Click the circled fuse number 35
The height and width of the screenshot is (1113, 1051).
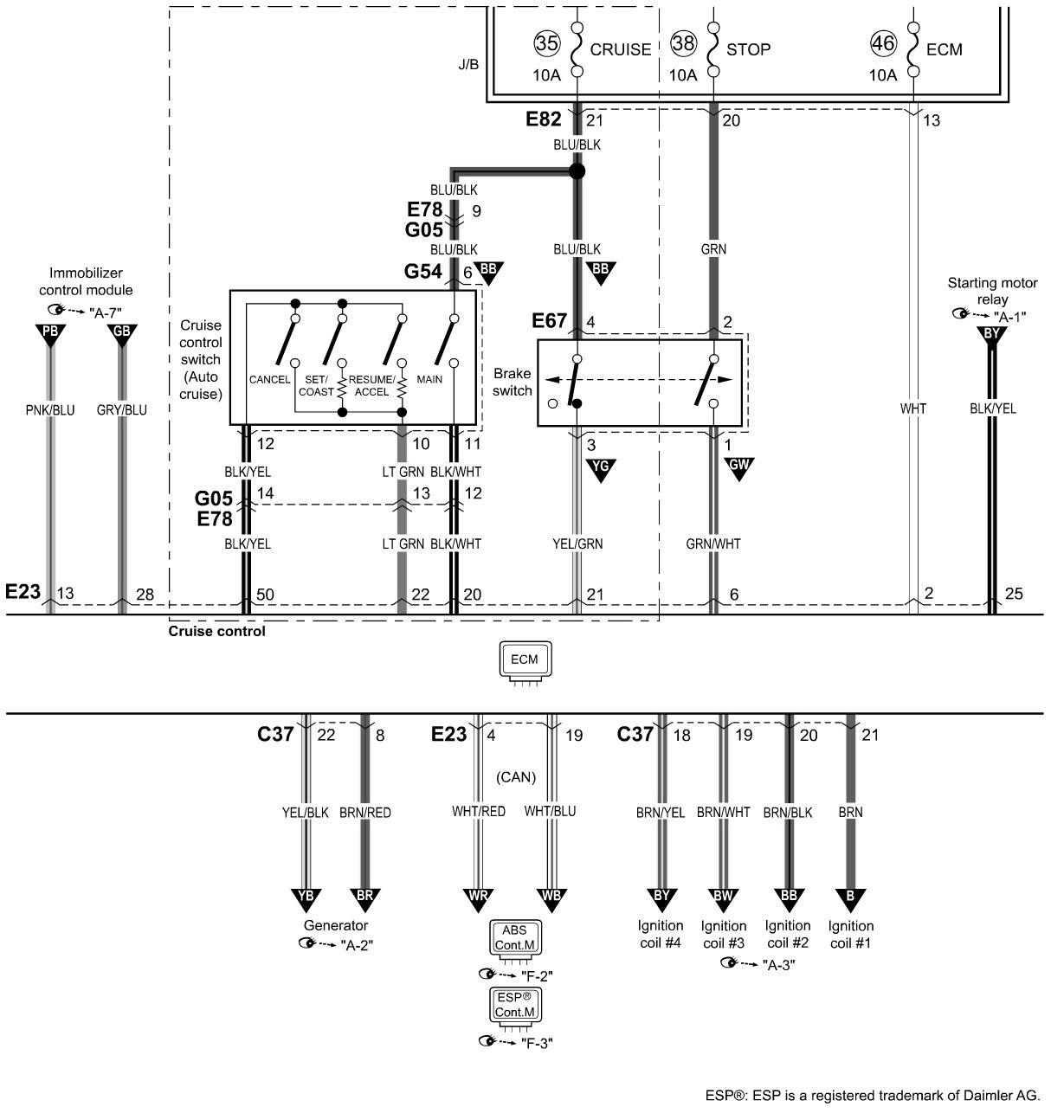tap(546, 43)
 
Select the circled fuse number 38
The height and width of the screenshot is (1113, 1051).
tap(683, 43)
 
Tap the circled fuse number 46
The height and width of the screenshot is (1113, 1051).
tap(883, 43)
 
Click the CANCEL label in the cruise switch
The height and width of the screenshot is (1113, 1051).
tap(270, 379)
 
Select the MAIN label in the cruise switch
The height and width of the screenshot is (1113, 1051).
tap(429, 379)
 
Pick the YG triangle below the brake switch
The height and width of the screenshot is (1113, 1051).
tap(601, 470)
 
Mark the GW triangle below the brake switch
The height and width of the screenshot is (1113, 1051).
tap(738, 468)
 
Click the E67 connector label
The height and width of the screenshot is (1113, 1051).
tap(549, 321)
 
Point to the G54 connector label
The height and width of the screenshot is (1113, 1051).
tap(422, 272)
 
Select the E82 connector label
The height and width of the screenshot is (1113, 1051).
tap(543, 119)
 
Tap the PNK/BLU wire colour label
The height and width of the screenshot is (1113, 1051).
tap(50, 410)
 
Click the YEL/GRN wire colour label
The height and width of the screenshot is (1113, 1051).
tap(577, 544)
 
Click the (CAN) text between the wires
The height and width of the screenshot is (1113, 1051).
tap(516, 777)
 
